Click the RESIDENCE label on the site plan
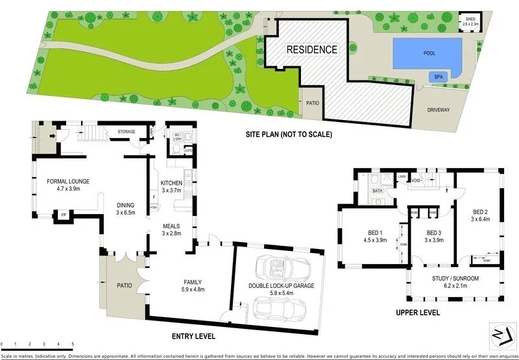312,49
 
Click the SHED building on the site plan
469,21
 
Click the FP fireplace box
63,214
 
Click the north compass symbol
497,331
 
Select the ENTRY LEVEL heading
193,337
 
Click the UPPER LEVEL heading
418,313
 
